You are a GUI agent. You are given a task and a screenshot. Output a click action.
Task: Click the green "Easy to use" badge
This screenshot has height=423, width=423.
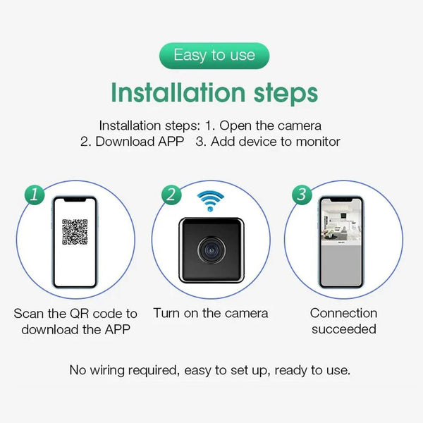214,56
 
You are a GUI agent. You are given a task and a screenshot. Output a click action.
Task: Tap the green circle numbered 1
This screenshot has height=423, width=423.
34,195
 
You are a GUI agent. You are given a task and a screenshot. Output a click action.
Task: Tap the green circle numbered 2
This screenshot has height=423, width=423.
170,195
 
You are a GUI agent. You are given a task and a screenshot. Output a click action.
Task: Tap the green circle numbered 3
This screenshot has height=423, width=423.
302,195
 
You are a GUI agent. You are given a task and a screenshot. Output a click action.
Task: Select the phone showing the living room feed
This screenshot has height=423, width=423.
341,241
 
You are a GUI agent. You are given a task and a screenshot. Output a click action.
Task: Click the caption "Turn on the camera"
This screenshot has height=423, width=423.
211,313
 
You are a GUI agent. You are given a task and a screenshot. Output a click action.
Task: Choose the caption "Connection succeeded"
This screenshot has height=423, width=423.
343,321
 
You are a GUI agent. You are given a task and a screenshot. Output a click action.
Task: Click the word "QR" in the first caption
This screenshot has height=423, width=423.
87,313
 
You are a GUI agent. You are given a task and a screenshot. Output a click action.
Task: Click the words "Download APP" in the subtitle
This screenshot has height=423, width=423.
139,142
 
